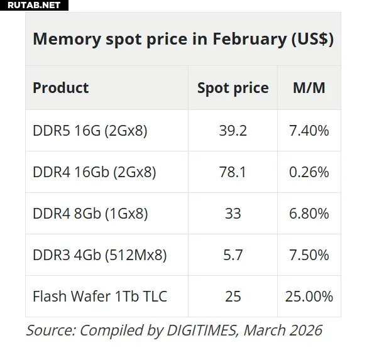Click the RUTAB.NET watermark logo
[31, 6]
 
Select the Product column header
[61, 88]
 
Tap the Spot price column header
[233, 88]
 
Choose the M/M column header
[309, 88]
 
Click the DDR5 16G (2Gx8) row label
[90, 131]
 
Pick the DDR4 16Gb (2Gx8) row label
[94, 172]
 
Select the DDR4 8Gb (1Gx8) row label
[91, 214]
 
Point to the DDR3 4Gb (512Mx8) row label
[99, 255]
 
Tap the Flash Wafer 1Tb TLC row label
[100, 296]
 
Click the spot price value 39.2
[233, 131]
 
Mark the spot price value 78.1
[233, 172]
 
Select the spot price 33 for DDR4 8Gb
[233, 214]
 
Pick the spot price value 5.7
[233, 255]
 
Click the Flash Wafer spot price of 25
[233, 296]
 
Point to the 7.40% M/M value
[309, 131]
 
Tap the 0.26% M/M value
[309, 172]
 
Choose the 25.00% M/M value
[309, 296]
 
